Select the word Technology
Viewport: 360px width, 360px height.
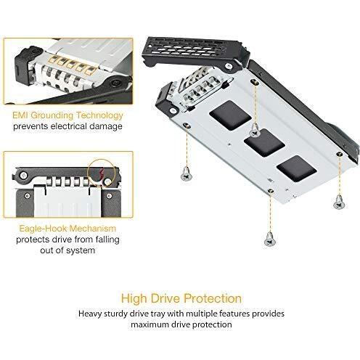[99, 116]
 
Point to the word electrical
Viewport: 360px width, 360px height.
[69, 126]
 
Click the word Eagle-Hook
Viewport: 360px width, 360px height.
[43, 229]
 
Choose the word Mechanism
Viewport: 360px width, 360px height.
[93, 229]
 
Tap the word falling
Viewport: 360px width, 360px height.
[107, 240]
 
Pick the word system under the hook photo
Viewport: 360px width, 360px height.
[81, 250]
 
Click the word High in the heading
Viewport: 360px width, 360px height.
[134, 298]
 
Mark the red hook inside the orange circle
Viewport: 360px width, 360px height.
[102, 173]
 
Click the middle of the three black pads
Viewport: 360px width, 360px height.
[264, 143]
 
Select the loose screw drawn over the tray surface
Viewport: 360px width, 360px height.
[255, 130]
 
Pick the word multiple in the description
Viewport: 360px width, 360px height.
[202, 314]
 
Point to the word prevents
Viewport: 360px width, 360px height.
[30, 127]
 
